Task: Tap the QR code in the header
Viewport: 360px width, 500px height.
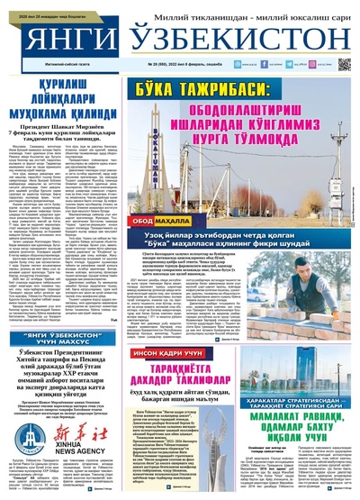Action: [344, 66]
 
